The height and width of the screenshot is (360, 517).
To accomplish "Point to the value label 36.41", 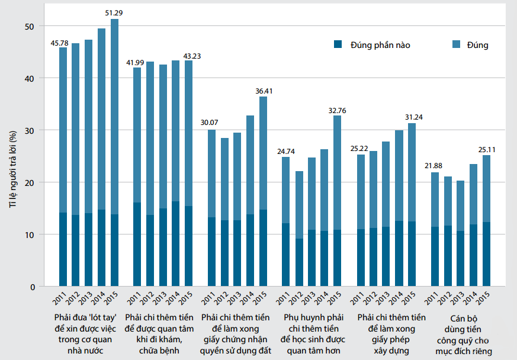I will (x=263, y=91).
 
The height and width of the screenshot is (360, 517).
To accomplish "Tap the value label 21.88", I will (x=434, y=167).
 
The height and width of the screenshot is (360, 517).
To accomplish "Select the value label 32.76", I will (x=337, y=110).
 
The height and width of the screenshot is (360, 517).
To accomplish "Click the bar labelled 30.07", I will (x=211, y=208).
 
